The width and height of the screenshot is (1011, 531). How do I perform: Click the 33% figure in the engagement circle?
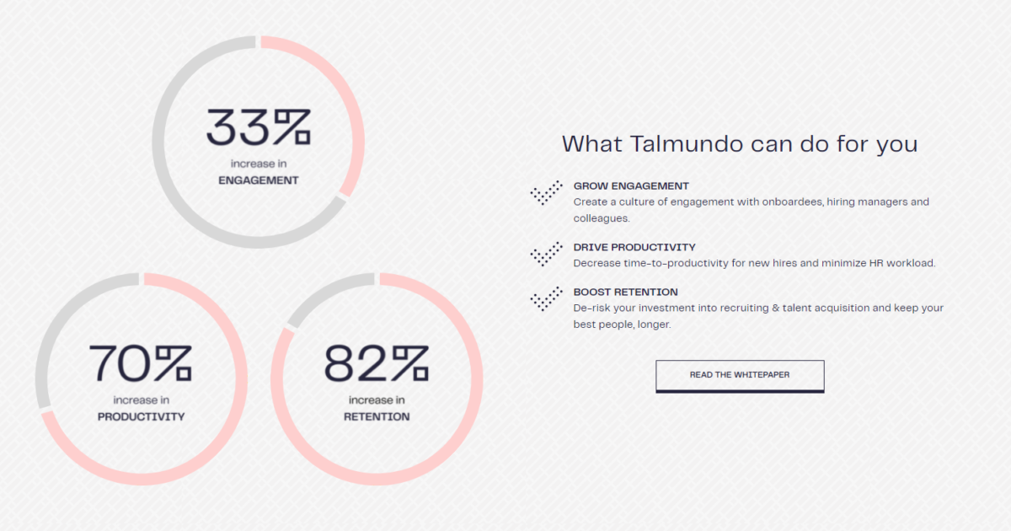(x=259, y=127)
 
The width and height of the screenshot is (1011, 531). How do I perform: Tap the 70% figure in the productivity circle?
(x=141, y=363)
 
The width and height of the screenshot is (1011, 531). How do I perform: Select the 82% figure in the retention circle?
(x=377, y=363)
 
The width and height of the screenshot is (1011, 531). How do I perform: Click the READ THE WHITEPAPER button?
(x=740, y=376)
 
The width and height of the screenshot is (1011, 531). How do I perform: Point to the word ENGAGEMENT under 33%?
(x=259, y=180)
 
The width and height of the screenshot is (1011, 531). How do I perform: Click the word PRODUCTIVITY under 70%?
(x=142, y=416)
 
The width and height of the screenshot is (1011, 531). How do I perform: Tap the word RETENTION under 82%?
(x=377, y=416)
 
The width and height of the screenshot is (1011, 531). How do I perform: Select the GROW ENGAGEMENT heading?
(x=631, y=186)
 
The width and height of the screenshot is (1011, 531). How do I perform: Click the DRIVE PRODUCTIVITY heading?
(x=634, y=248)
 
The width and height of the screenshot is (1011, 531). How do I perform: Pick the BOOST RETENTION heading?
(x=625, y=292)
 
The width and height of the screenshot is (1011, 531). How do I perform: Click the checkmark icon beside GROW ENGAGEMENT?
(x=547, y=193)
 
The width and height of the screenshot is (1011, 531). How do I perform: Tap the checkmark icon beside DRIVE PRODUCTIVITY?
(x=547, y=255)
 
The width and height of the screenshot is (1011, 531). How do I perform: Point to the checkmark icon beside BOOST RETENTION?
(x=547, y=299)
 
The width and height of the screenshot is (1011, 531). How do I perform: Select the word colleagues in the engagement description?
(x=602, y=218)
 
